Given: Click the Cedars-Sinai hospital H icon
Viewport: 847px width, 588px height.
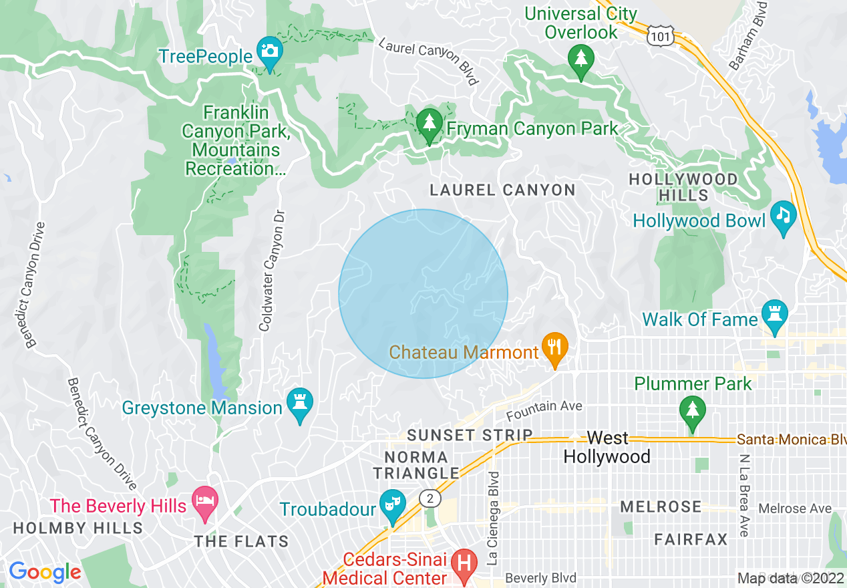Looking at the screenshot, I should pos(463,564).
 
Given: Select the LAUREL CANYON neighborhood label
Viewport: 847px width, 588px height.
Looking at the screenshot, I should pos(502,190).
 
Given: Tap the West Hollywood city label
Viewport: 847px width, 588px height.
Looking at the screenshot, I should pos(607,447).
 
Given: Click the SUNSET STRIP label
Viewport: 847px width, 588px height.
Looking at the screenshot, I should pos(470,436).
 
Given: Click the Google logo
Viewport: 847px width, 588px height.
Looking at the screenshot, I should pos(45,571).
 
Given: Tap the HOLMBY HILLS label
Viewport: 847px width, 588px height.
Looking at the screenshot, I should pos(78,528).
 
